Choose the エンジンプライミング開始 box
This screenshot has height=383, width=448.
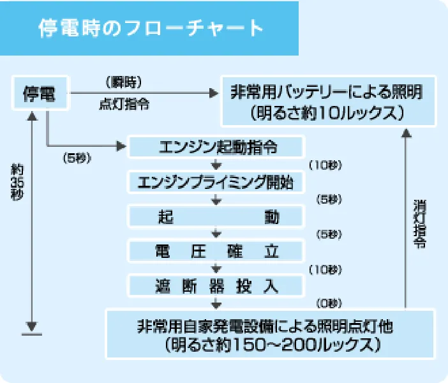coord(216,181)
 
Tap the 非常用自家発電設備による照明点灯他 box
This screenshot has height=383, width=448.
coord(268,333)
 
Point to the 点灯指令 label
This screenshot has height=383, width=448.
coord(124,105)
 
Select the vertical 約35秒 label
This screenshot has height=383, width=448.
coord(17,182)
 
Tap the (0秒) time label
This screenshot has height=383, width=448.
coord(329,303)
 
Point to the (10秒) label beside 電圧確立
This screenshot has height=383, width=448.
coord(325,269)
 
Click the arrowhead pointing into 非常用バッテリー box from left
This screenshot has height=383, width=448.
coord(213,93)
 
